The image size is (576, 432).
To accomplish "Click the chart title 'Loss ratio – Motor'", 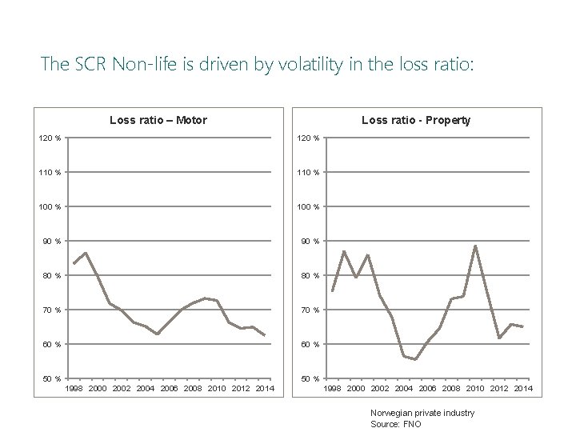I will (158, 121).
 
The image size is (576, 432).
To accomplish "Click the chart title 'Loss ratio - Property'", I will (416, 121).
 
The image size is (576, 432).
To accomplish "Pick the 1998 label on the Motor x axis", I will (74, 389).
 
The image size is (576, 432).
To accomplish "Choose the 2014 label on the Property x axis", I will (523, 389).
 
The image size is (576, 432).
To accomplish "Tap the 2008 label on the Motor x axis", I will (193, 389).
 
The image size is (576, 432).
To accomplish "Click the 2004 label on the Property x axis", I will (403, 389).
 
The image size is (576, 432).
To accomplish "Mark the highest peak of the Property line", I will (475, 246).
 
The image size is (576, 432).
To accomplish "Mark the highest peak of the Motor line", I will (85, 253).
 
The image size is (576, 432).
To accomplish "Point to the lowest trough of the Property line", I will (415, 359).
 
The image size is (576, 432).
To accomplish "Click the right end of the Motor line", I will (265, 336).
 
